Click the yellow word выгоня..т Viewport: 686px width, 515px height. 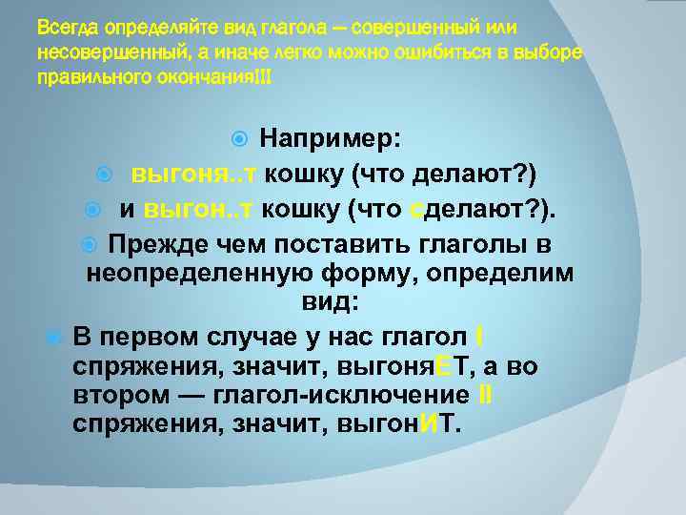pyautogui.click(x=193, y=174)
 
